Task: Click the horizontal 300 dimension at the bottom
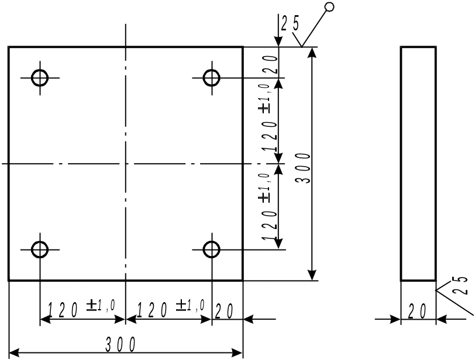pos(121,345)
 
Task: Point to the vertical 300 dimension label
pos(303,168)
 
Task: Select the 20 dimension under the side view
pos(418,311)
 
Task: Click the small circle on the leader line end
pos(329,6)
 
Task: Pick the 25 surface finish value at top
pos(290,23)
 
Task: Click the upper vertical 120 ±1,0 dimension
pos(269,117)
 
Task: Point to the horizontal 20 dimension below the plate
pos(224,311)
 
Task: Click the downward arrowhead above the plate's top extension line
pos(278,41)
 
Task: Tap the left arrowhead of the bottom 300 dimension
pos(14,353)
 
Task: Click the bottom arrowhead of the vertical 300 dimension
pos(312,275)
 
